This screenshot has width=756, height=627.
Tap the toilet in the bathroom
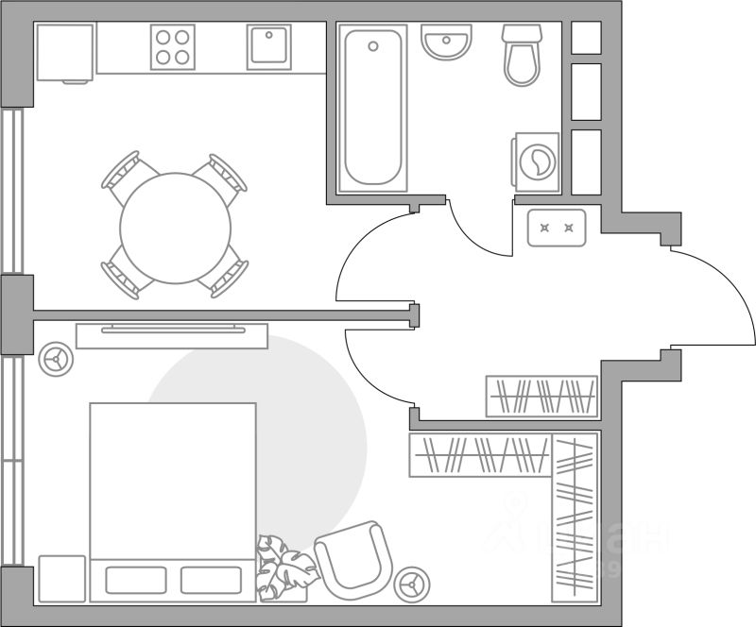(522, 57)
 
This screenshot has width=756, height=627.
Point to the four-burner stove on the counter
(172, 46)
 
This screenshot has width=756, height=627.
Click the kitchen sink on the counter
(268, 46)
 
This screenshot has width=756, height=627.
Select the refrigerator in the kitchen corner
(63, 53)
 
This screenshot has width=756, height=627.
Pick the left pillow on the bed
(136, 579)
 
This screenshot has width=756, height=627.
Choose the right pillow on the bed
(211, 579)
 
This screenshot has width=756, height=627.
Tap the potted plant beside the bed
(284, 567)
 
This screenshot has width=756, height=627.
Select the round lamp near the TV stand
(58, 358)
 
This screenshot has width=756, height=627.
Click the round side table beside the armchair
(413, 584)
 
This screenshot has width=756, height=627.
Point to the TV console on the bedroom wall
(171, 335)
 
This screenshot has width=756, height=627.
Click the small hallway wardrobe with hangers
(541, 396)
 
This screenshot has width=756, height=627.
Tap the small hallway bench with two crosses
(556, 228)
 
